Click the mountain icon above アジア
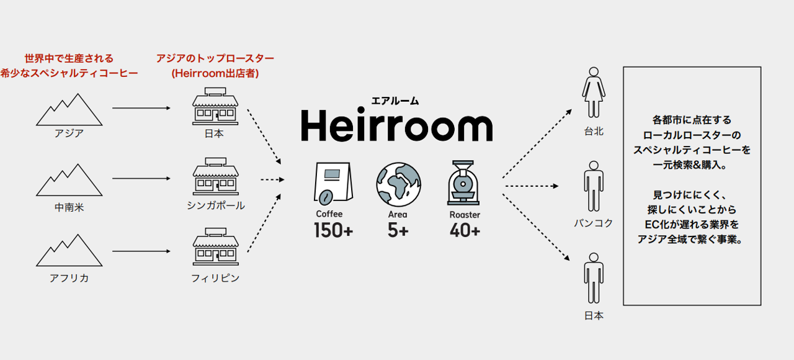pyautogui.click(x=69, y=110)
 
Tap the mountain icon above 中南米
pyautogui.click(x=69, y=181)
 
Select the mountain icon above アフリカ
pyautogui.click(x=69, y=251)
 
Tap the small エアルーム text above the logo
pyautogui.click(x=395, y=100)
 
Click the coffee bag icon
pyautogui.click(x=331, y=184)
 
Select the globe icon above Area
pyautogui.click(x=398, y=184)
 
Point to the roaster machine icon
pyautogui.click(x=464, y=184)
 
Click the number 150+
pyautogui.click(x=333, y=231)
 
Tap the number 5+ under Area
pyautogui.click(x=398, y=231)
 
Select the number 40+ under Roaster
pyautogui.click(x=465, y=231)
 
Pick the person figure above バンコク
pyautogui.click(x=594, y=187)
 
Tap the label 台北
pyautogui.click(x=594, y=132)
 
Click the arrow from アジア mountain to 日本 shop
pyautogui.click(x=141, y=108)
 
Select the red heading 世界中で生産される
pyautogui.click(x=69, y=59)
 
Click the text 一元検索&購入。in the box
pyautogui.click(x=692, y=166)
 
